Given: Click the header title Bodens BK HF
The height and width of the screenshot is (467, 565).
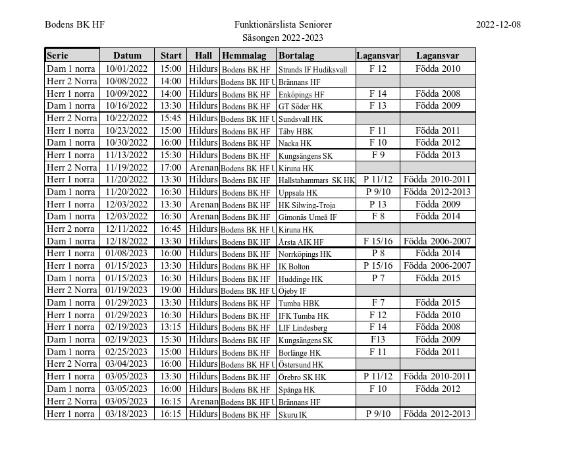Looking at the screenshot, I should coord(74,25).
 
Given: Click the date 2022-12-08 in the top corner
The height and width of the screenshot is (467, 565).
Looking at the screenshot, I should coord(498,25).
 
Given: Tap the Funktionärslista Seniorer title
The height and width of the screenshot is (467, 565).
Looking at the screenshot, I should coord(282,25).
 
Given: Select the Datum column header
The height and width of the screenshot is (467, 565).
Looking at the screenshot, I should coord(127,56).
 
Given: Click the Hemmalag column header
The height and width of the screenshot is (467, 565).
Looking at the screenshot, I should coord(244,56).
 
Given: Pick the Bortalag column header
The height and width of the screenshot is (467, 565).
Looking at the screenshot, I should coord(296,56).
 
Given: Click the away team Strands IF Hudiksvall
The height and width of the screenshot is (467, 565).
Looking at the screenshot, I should coord(313,69).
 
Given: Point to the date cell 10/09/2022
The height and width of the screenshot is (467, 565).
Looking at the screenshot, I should coord(127,94).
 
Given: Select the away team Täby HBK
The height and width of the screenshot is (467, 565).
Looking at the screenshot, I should coord(296,131).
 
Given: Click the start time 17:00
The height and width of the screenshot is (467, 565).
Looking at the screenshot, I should coord(171,167).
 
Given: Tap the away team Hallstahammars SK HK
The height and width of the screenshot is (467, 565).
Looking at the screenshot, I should coord(316,180).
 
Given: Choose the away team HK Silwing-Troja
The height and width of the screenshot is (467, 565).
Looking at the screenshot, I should coord(306,205).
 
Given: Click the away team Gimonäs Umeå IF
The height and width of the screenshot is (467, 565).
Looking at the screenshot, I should coord(308,217).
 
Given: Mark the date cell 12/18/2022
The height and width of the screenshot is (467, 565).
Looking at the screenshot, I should coord(127,241).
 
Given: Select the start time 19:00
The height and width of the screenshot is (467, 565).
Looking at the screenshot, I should coord(171,290).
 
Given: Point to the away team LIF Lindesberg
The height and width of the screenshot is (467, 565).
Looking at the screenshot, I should coord(303,327).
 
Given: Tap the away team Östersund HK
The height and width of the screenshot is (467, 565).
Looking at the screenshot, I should coord(301,364).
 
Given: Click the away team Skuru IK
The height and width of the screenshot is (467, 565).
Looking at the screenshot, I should coord(293,414).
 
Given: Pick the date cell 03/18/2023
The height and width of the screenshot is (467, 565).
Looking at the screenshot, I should coord(127,414).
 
